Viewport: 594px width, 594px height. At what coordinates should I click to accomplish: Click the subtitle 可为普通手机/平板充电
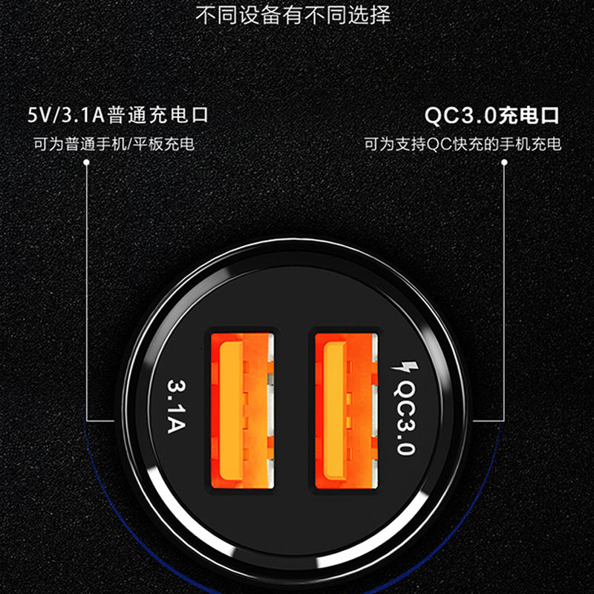tap(114, 144)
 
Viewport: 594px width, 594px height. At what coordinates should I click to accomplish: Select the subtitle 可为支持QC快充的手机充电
tap(463, 144)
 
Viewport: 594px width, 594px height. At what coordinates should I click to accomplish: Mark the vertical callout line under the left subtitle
tap(87, 297)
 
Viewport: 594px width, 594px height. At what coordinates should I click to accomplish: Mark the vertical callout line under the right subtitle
tap(505, 297)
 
